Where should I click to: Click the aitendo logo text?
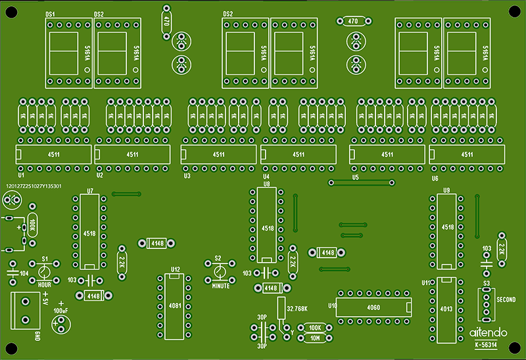[488, 332]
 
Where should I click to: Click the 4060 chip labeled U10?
[374, 306]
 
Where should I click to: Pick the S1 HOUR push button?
[45, 272]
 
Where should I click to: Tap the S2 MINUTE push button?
[220, 271]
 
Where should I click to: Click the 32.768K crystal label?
[297, 308]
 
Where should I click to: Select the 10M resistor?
[314, 339]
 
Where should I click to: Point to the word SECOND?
[506, 300]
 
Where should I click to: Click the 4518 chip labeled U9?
[448, 227]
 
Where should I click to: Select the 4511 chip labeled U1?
[53, 155]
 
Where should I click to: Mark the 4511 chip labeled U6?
[467, 155]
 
